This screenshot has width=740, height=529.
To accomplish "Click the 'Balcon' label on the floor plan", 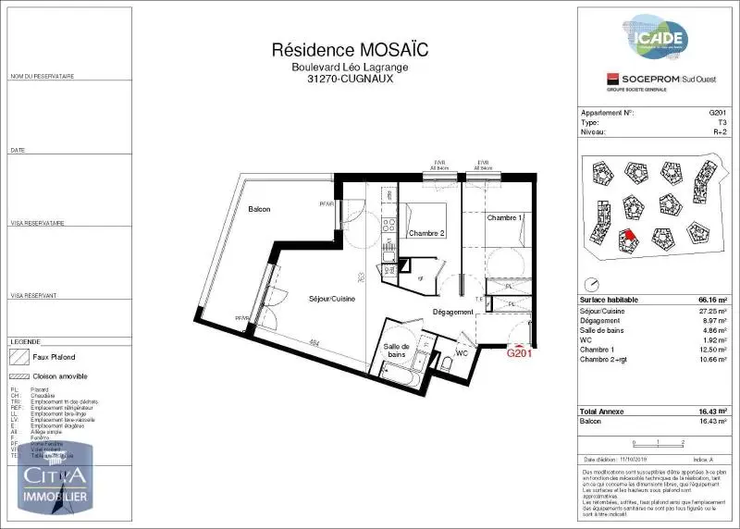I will tap(259, 210).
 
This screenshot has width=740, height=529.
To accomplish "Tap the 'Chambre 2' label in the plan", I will tap(426, 233).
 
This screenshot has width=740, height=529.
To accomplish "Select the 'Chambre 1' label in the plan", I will tap(504, 217).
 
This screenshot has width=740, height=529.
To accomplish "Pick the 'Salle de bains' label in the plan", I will tap(399, 350).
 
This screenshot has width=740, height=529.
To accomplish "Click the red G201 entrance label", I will tap(518, 352).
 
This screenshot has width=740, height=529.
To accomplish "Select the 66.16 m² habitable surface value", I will tap(705, 301).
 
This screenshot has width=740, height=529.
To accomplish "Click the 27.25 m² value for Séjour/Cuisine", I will tap(710, 311).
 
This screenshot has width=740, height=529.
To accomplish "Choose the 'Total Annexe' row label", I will tap(601, 410).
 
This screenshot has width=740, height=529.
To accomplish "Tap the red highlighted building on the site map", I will tap(628, 239).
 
